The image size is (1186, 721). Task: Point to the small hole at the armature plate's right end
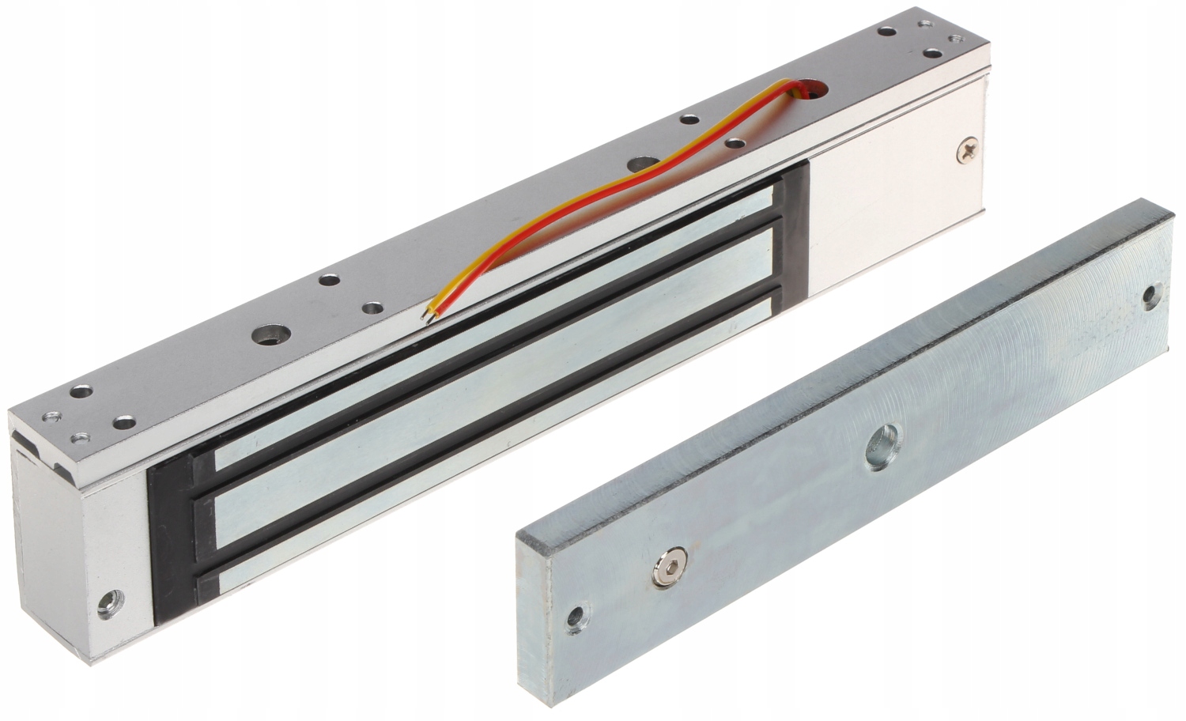1151,296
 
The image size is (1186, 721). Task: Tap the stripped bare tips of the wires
427,314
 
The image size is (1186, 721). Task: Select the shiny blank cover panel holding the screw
893,213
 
